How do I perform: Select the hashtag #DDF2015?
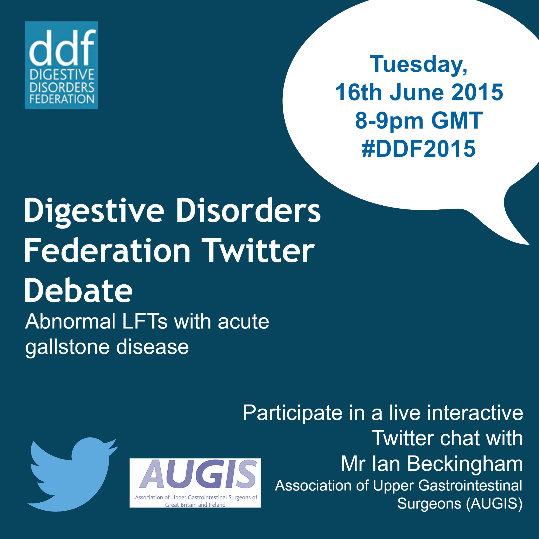(419, 149)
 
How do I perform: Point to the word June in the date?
(417, 93)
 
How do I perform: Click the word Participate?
(292, 414)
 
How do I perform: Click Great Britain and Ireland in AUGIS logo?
(195, 505)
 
